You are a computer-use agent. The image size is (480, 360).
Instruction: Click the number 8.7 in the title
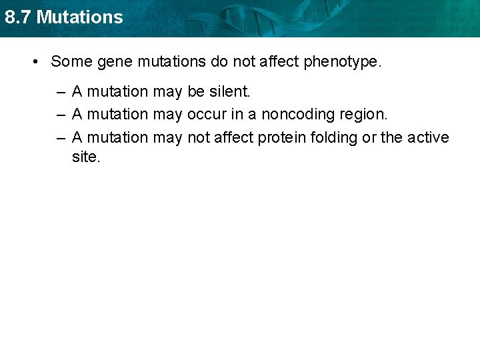[17, 17]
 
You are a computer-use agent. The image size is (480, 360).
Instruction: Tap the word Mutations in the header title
[79, 17]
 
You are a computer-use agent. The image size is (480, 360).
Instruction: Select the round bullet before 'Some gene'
[35, 62]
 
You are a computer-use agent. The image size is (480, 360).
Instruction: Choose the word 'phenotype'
[343, 63]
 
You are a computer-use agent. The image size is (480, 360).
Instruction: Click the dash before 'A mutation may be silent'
[61, 92]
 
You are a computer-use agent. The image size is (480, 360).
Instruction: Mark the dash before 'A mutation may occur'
[61, 115]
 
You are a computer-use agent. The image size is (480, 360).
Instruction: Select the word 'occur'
[207, 115]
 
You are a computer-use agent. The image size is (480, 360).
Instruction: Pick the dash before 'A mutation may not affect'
[61, 138]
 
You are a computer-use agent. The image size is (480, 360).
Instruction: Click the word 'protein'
[281, 138]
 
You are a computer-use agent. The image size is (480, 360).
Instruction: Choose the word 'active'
[428, 137]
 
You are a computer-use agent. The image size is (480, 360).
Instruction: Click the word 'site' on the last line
[85, 157]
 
